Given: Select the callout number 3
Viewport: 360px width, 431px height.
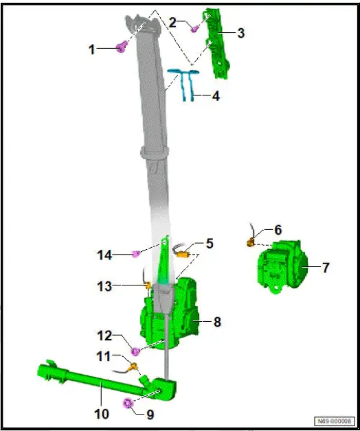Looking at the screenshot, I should pos(240,32).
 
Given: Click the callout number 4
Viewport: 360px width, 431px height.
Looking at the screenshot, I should pos(216,96).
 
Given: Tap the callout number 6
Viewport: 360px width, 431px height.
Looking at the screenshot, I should pos(278,231).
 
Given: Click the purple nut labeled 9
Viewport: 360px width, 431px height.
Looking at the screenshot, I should pos(128,403).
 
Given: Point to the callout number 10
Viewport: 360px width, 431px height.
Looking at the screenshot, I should pos(101,414).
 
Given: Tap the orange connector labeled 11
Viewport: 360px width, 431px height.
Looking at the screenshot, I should pos(126,369).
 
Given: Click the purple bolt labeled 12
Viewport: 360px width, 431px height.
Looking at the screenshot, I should pos(136,352).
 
